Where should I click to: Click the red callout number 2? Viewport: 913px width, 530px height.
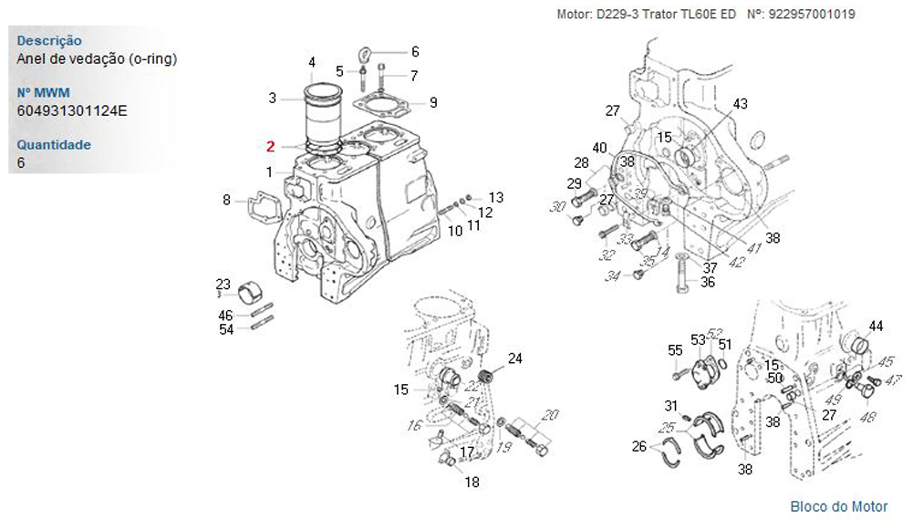point(270,146)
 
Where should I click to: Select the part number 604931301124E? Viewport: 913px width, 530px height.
point(71,111)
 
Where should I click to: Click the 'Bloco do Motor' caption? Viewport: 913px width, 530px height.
point(838,506)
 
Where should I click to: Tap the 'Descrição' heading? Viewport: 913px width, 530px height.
point(49,41)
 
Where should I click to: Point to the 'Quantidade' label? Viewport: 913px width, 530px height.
point(54,145)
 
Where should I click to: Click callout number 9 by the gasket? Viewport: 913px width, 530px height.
point(433,102)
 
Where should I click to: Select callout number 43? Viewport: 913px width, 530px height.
point(740,104)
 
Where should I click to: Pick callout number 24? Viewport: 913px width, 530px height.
point(514,359)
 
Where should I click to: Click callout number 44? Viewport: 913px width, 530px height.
point(876,327)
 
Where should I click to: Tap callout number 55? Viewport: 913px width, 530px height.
point(675,350)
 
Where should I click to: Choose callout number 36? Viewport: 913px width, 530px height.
point(707,283)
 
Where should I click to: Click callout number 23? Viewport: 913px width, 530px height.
point(223,284)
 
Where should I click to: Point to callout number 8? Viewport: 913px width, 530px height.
point(226,200)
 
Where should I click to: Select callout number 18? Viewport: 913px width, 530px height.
point(472,483)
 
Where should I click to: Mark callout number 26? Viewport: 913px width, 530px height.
point(638,446)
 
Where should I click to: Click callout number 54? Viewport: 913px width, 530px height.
point(225,329)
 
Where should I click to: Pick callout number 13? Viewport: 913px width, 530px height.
point(495,197)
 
